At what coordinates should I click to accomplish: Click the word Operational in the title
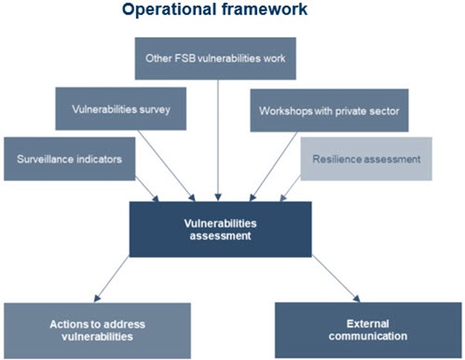click(169, 10)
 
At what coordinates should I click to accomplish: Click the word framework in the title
click(265, 9)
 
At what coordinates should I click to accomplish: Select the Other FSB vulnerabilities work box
click(215, 58)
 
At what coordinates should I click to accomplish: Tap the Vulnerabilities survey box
click(121, 109)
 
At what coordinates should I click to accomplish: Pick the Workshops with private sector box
click(329, 110)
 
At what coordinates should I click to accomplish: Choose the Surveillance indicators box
click(69, 159)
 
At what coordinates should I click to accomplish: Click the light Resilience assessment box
click(366, 159)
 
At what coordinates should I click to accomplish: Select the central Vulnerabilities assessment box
click(221, 230)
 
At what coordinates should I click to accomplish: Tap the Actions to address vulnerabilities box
click(98, 331)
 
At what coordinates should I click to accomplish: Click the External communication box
click(368, 330)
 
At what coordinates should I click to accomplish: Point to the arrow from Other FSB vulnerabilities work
click(218, 140)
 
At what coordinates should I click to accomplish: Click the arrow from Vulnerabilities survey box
click(166, 165)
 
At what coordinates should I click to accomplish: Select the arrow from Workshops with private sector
click(273, 167)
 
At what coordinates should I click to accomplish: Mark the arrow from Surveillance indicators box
click(147, 189)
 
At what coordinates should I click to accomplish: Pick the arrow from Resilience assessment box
click(291, 189)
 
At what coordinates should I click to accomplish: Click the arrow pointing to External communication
click(336, 279)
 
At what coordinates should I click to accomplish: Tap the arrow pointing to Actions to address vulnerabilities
click(112, 279)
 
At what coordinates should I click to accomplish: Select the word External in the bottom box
click(367, 323)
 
